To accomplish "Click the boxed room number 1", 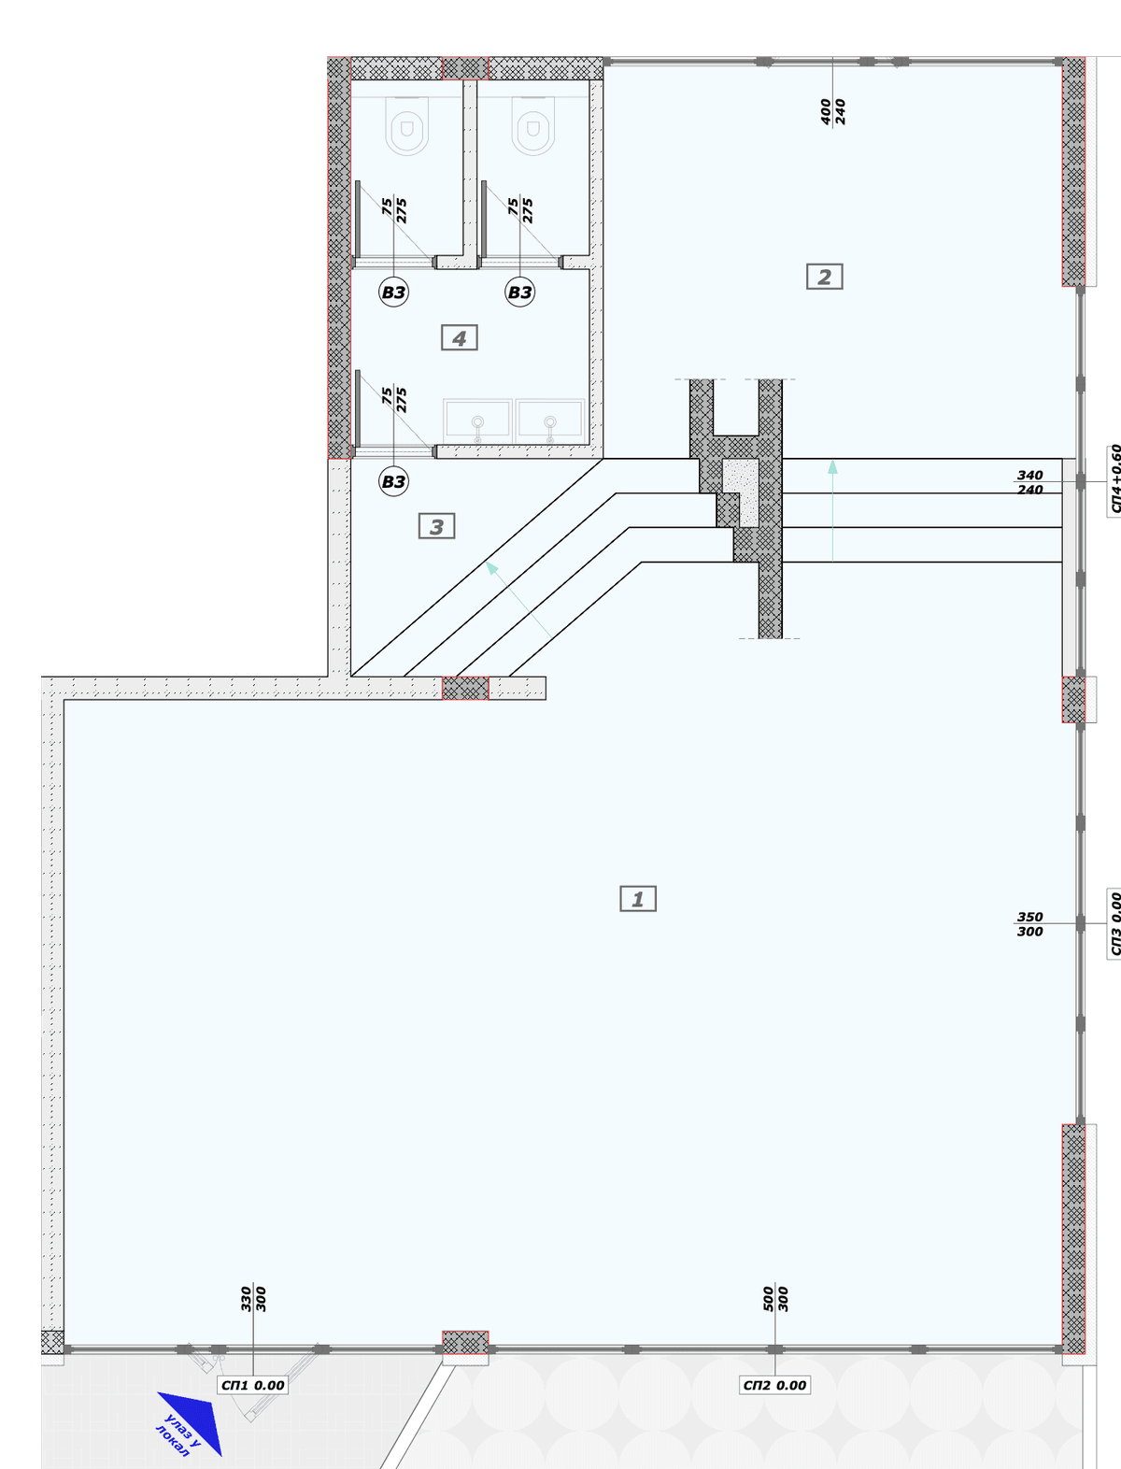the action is (x=638, y=899).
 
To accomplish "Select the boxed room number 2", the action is (x=825, y=277).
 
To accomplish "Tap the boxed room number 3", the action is (x=437, y=526).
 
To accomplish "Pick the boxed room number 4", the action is (x=460, y=337).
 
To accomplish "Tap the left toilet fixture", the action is (x=406, y=126).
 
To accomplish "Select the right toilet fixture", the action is (x=533, y=126).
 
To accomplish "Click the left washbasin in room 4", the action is (x=477, y=421).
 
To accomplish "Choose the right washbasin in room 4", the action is (x=550, y=421).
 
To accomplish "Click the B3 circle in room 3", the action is (x=393, y=482).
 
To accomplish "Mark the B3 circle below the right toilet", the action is (x=519, y=292).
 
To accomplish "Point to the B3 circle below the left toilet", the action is (x=393, y=292).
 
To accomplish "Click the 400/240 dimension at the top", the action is (x=832, y=112).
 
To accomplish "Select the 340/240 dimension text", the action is (x=1030, y=482).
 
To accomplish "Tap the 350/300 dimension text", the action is (x=1030, y=924).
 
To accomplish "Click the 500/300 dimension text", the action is (x=776, y=1299).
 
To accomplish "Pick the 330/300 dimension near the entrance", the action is (x=253, y=1299).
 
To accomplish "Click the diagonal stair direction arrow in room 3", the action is (x=518, y=599).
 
